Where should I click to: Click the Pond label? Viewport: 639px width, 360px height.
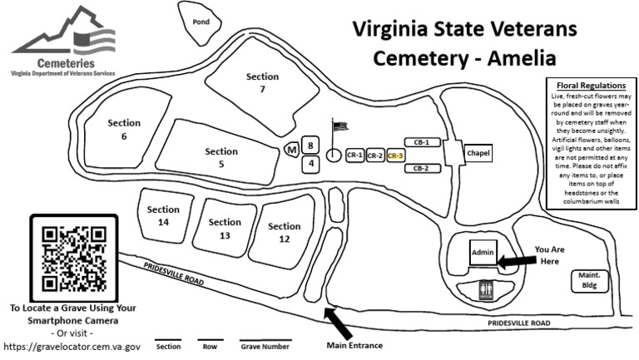[x=200, y=22]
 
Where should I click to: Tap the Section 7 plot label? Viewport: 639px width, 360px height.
[x=262, y=83]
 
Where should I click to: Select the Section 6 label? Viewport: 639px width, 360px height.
[x=124, y=130]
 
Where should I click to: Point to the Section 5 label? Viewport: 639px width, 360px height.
[x=221, y=158]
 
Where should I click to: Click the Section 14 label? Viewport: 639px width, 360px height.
[x=163, y=216]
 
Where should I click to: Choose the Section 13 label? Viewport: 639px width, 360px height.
[x=225, y=229]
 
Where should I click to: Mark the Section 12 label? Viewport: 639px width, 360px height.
[x=285, y=232]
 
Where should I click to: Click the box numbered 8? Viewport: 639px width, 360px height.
[x=310, y=145]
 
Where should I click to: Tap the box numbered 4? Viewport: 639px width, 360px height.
[x=310, y=164]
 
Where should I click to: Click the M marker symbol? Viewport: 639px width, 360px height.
[x=291, y=150]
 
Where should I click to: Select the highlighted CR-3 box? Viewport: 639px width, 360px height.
[x=395, y=155]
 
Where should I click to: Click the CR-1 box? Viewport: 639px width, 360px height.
[x=355, y=155]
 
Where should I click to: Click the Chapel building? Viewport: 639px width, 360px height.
[x=477, y=154]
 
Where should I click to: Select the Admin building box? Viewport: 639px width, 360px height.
[x=483, y=253]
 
